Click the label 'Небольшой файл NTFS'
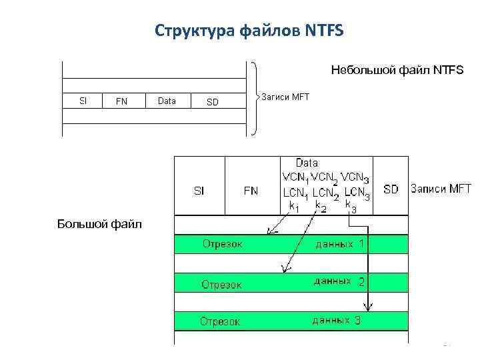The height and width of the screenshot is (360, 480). click(397, 69)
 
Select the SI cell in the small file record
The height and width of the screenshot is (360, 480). click(83, 101)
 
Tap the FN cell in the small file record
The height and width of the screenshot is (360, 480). click(121, 101)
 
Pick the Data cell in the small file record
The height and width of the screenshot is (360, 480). click(167, 101)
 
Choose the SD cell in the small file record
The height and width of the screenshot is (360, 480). click(212, 101)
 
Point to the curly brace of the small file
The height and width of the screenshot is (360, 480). click(257, 98)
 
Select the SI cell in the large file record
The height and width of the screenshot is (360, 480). click(199, 190)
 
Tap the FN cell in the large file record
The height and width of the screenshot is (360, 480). click(251, 190)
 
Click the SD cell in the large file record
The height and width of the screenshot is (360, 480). click(391, 189)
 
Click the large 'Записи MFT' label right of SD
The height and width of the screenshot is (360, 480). click(441, 189)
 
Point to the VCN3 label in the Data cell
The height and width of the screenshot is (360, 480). click(355, 179)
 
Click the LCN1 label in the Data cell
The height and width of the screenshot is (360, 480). click(295, 195)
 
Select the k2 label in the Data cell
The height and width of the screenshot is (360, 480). click(321, 207)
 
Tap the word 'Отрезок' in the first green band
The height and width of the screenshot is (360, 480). click(223, 244)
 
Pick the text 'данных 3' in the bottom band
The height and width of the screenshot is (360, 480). click(337, 321)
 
